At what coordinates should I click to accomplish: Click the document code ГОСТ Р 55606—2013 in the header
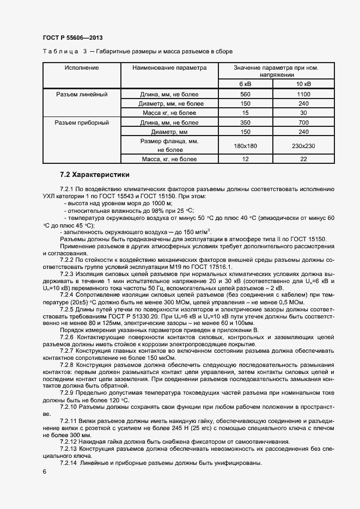pos(72,38)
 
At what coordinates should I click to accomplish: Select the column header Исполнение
pos(82,68)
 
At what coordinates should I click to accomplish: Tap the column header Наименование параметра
pos(169,68)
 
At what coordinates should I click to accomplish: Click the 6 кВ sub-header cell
pos(245,84)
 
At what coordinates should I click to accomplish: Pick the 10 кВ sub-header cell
pos(303,84)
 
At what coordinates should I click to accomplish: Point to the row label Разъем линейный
pos(82,94)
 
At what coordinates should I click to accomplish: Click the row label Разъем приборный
pos(82,122)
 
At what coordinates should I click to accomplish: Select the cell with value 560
pos(245,94)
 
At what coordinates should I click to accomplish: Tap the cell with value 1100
pos(303,94)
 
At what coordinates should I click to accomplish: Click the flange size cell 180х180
pos(245,145)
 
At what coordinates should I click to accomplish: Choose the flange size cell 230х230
pos(303,145)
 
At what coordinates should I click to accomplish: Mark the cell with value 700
pos(303,122)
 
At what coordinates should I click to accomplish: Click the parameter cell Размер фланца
pos(169,141)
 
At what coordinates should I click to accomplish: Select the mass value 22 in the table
pos(303,159)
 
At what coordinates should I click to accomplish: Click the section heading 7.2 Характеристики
pos(95,175)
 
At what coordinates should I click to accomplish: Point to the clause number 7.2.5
pos(69,309)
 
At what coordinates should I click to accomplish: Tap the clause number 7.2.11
pos(70,421)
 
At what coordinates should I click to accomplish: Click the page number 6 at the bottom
pos(45,471)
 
